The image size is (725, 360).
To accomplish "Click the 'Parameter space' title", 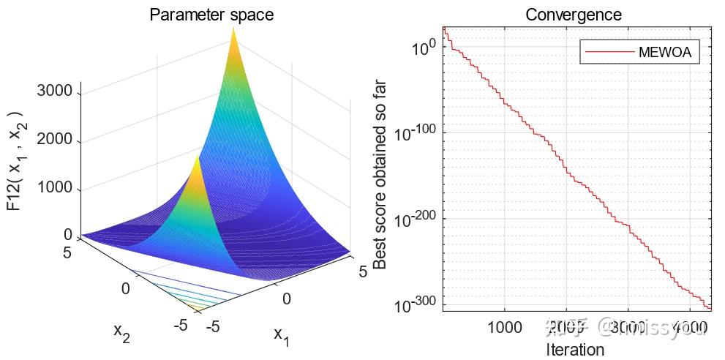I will (x=211, y=15).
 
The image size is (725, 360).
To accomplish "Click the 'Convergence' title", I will (x=574, y=15).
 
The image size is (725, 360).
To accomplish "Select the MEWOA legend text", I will (x=664, y=52).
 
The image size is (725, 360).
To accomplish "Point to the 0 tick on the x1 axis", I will (x=286, y=299).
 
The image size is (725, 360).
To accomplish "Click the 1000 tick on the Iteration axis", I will (x=505, y=326).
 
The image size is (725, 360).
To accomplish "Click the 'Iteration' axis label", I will (x=575, y=349).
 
